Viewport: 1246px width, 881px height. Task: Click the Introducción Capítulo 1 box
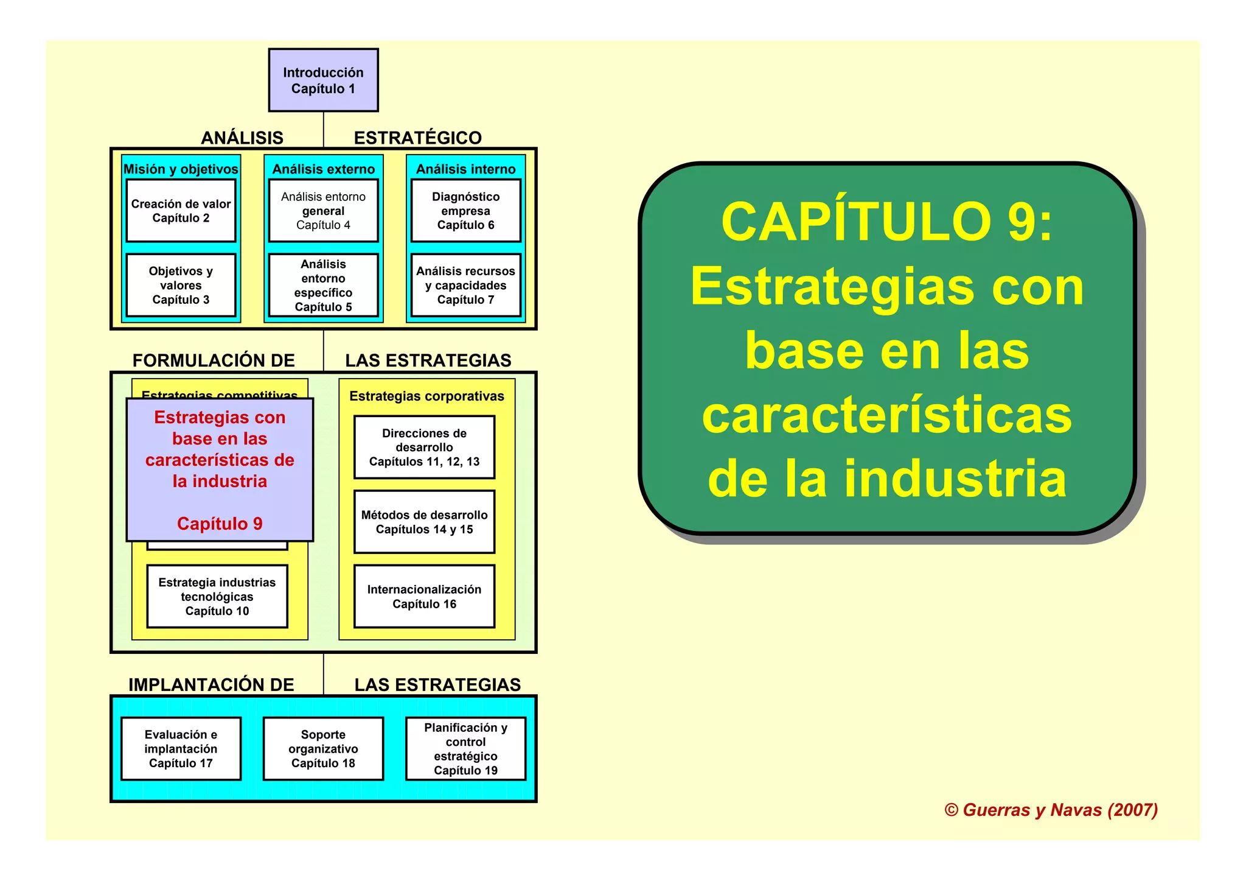(x=323, y=80)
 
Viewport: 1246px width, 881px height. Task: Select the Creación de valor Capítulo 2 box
(x=181, y=211)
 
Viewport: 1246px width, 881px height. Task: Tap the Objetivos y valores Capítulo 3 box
(x=181, y=285)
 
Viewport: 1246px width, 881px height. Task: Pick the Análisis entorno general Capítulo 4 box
(x=323, y=211)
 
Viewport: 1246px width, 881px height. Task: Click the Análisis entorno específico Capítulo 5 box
(x=323, y=285)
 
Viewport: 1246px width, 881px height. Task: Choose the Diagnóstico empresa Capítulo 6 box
(x=465, y=211)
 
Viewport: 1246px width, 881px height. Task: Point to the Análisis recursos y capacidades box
(x=465, y=285)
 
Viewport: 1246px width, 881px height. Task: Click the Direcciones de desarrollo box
(x=424, y=448)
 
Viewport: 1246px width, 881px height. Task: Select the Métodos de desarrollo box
(x=424, y=522)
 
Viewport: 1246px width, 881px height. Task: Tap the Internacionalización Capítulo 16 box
(x=424, y=597)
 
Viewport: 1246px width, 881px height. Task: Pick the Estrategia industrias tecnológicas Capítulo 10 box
(x=217, y=597)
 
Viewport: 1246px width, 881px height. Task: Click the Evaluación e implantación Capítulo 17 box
(x=181, y=748)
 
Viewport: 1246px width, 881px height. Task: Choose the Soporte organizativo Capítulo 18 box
(x=323, y=748)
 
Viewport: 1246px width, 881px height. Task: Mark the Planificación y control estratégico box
(x=465, y=748)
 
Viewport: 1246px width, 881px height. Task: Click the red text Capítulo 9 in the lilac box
(x=220, y=524)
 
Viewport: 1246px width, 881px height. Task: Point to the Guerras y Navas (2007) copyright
(x=1051, y=810)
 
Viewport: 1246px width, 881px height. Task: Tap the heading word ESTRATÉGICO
(x=417, y=138)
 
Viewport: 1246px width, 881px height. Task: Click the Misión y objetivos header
(x=181, y=169)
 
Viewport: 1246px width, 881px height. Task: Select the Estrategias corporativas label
(x=426, y=396)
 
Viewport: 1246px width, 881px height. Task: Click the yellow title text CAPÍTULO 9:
(x=886, y=222)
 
